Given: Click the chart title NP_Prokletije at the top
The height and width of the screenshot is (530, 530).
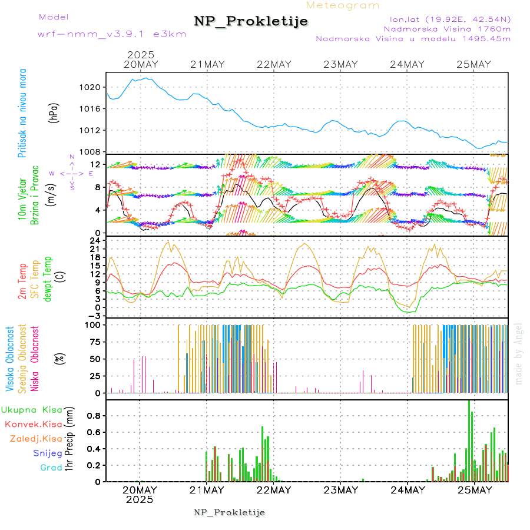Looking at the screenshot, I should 251,22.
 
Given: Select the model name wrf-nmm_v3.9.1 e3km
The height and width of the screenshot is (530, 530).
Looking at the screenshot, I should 112,34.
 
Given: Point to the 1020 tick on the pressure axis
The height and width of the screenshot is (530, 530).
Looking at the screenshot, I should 91,87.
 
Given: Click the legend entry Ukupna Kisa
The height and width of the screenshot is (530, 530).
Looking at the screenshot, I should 32,410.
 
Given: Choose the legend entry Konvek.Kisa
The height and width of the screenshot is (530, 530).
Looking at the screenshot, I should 33,424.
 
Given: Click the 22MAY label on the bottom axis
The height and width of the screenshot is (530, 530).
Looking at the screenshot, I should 274,490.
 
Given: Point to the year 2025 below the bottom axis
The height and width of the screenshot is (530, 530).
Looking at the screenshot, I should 140,499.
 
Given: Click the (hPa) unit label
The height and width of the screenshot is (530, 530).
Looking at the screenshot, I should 54,112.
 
